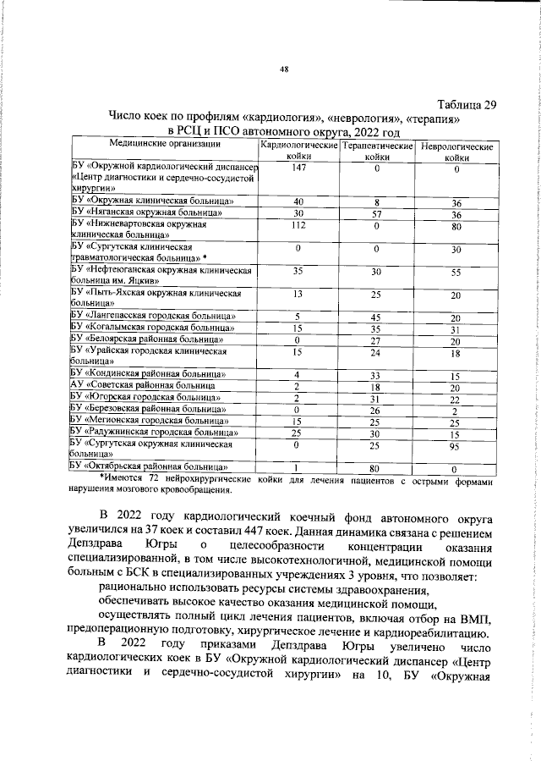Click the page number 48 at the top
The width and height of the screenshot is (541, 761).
284,70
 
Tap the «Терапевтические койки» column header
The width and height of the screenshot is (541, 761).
377,152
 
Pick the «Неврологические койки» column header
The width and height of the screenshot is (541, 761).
456,152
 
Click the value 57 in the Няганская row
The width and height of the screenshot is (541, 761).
377,213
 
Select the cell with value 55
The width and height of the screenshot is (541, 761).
456,273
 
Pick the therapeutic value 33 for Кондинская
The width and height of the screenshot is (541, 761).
377,374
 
